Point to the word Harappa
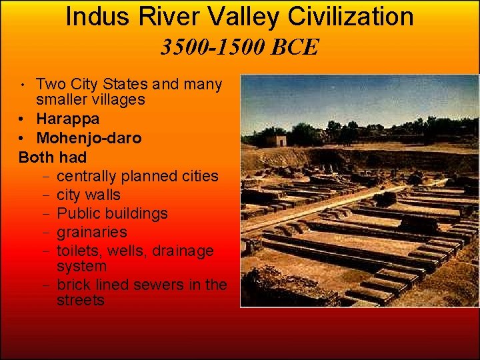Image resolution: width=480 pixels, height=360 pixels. tap(67, 119)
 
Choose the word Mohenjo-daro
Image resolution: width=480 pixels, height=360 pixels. tap(89, 139)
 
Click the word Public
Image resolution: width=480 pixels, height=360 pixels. tap(79, 214)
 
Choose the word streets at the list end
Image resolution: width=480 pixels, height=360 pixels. tap(81, 301)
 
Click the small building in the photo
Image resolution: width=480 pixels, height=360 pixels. tap(275, 139)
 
